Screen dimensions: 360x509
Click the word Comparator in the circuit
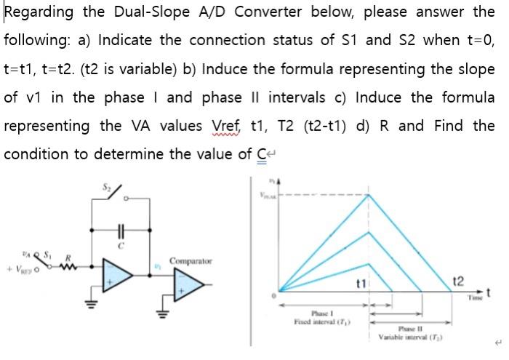191,260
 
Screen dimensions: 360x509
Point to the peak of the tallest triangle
370,194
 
